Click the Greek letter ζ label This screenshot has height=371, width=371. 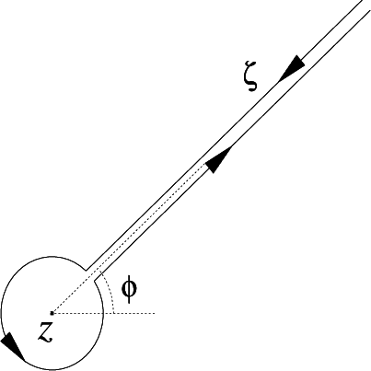249,80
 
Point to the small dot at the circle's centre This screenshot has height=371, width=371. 52,313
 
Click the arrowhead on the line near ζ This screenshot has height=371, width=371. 294,65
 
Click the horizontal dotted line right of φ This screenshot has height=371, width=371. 138,313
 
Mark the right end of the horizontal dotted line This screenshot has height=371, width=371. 158,313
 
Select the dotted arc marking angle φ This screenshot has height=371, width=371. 110,293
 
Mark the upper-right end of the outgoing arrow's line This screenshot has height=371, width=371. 370,9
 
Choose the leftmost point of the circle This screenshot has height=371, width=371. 2,313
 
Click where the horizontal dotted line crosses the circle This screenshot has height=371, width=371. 102,313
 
